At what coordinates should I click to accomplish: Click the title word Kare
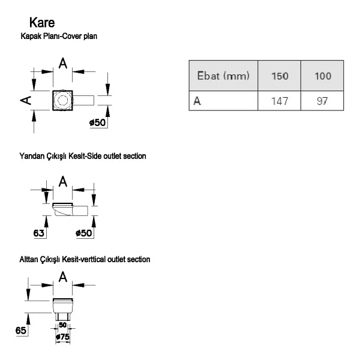pyautogui.click(x=42, y=23)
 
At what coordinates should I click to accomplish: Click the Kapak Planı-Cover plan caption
pyautogui.click(x=59, y=36)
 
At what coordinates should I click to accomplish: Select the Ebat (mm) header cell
pyautogui.click(x=223, y=76)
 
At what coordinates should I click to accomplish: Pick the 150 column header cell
pyautogui.click(x=280, y=76)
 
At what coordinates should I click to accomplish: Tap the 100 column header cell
pyautogui.click(x=322, y=76)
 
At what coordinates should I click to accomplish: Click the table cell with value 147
pyautogui.click(x=280, y=101)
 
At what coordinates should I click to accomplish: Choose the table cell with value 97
pyautogui.click(x=322, y=101)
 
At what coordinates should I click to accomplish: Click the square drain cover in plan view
pyautogui.click(x=62, y=100)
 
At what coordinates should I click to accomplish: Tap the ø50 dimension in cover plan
pyautogui.click(x=98, y=122)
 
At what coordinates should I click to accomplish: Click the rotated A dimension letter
pyautogui.click(x=26, y=100)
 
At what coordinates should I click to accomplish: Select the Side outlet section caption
pyautogui.click(x=83, y=156)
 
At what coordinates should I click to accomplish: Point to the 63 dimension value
pyautogui.click(x=38, y=233)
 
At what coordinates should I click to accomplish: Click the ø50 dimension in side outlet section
pyautogui.click(x=84, y=233)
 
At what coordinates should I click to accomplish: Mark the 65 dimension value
pyautogui.click(x=20, y=331)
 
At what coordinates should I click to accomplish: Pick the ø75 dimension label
pyautogui.click(x=62, y=337)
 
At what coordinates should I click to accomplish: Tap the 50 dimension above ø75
pyautogui.click(x=62, y=325)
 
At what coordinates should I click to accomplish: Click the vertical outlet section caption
pyautogui.click(x=85, y=259)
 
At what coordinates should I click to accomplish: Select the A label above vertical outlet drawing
pyautogui.click(x=62, y=277)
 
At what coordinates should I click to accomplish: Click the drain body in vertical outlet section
pyautogui.click(x=62, y=309)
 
